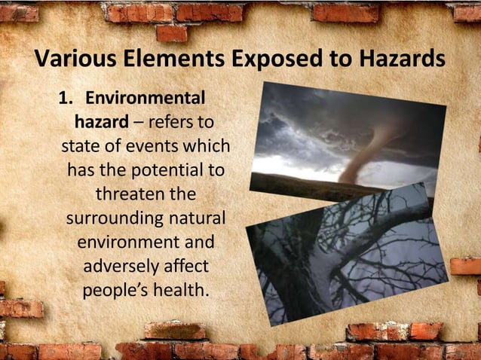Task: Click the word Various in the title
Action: click(69, 59)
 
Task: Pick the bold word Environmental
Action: click(146, 99)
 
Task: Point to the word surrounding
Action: click(114, 219)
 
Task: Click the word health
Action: click(181, 291)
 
